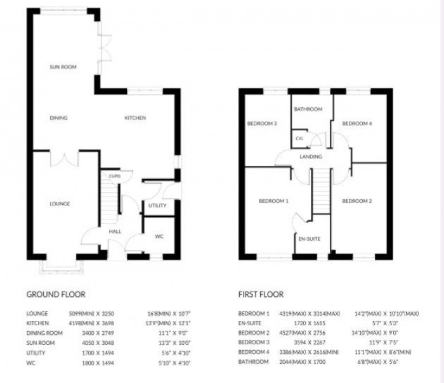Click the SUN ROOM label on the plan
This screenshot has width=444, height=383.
click(x=63, y=67)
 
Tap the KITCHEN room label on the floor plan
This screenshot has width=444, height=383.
click(x=134, y=118)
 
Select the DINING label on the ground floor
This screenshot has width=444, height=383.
click(x=58, y=118)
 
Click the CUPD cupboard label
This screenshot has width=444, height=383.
click(x=115, y=176)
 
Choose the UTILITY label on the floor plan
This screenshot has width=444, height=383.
click(x=157, y=205)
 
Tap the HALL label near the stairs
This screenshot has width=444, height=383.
click(x=115, y=231)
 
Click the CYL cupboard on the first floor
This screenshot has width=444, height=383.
click(x=299, y=138)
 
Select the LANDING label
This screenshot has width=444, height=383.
click(x=311, y=157)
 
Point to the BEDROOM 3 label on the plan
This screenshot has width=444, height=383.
click(x=262, y=123)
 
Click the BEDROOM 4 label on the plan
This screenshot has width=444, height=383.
click(x=356, y=124)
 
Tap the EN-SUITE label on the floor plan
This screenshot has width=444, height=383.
click(x=309, y=239)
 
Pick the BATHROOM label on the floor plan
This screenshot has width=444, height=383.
click(x=308, y=109)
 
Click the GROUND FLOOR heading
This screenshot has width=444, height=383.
click(x=51, y=294)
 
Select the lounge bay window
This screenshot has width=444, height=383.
click(x=61, y=266)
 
